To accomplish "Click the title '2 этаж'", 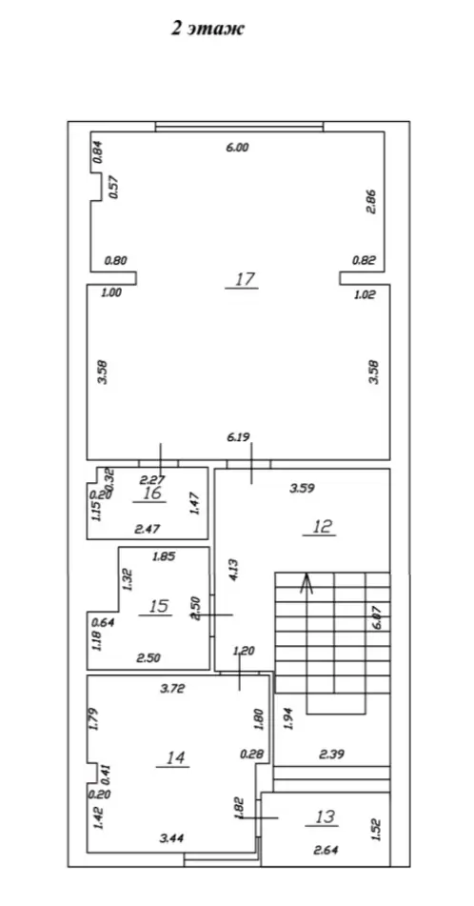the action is (207, 29).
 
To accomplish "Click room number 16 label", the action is (152, 493).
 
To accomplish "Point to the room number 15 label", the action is (159, 606).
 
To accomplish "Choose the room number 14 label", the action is (175, 757).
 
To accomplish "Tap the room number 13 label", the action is (326, 816).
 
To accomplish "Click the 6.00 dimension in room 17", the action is (237, 148).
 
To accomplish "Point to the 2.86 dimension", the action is (372, 202).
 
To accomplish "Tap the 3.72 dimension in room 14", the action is (171, 688).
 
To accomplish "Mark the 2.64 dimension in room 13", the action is (326, 850).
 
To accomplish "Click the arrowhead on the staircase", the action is (306, 583).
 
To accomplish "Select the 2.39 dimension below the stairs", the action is (331, 754).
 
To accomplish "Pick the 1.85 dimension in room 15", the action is (164, 557).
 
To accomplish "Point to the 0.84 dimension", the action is (98, 152).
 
